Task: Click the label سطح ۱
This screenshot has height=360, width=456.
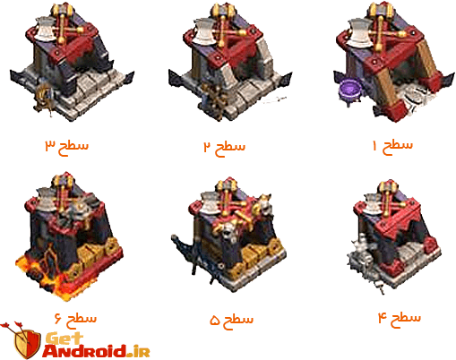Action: (x=393, y=144)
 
